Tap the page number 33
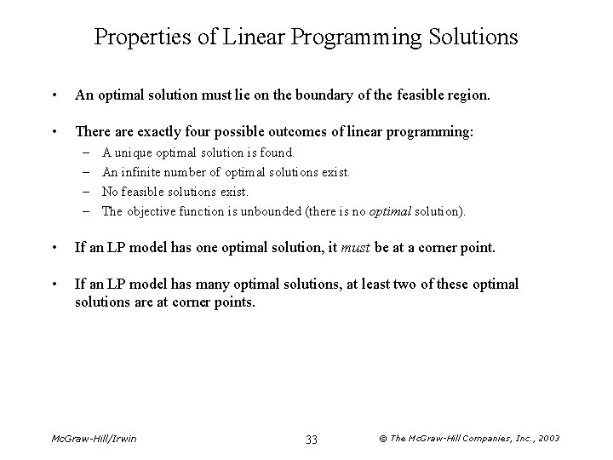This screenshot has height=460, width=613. point(312,440)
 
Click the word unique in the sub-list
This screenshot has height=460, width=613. point(131,153)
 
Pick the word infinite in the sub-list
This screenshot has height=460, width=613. point(139,172)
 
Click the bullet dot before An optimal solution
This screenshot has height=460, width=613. point(55,97)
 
